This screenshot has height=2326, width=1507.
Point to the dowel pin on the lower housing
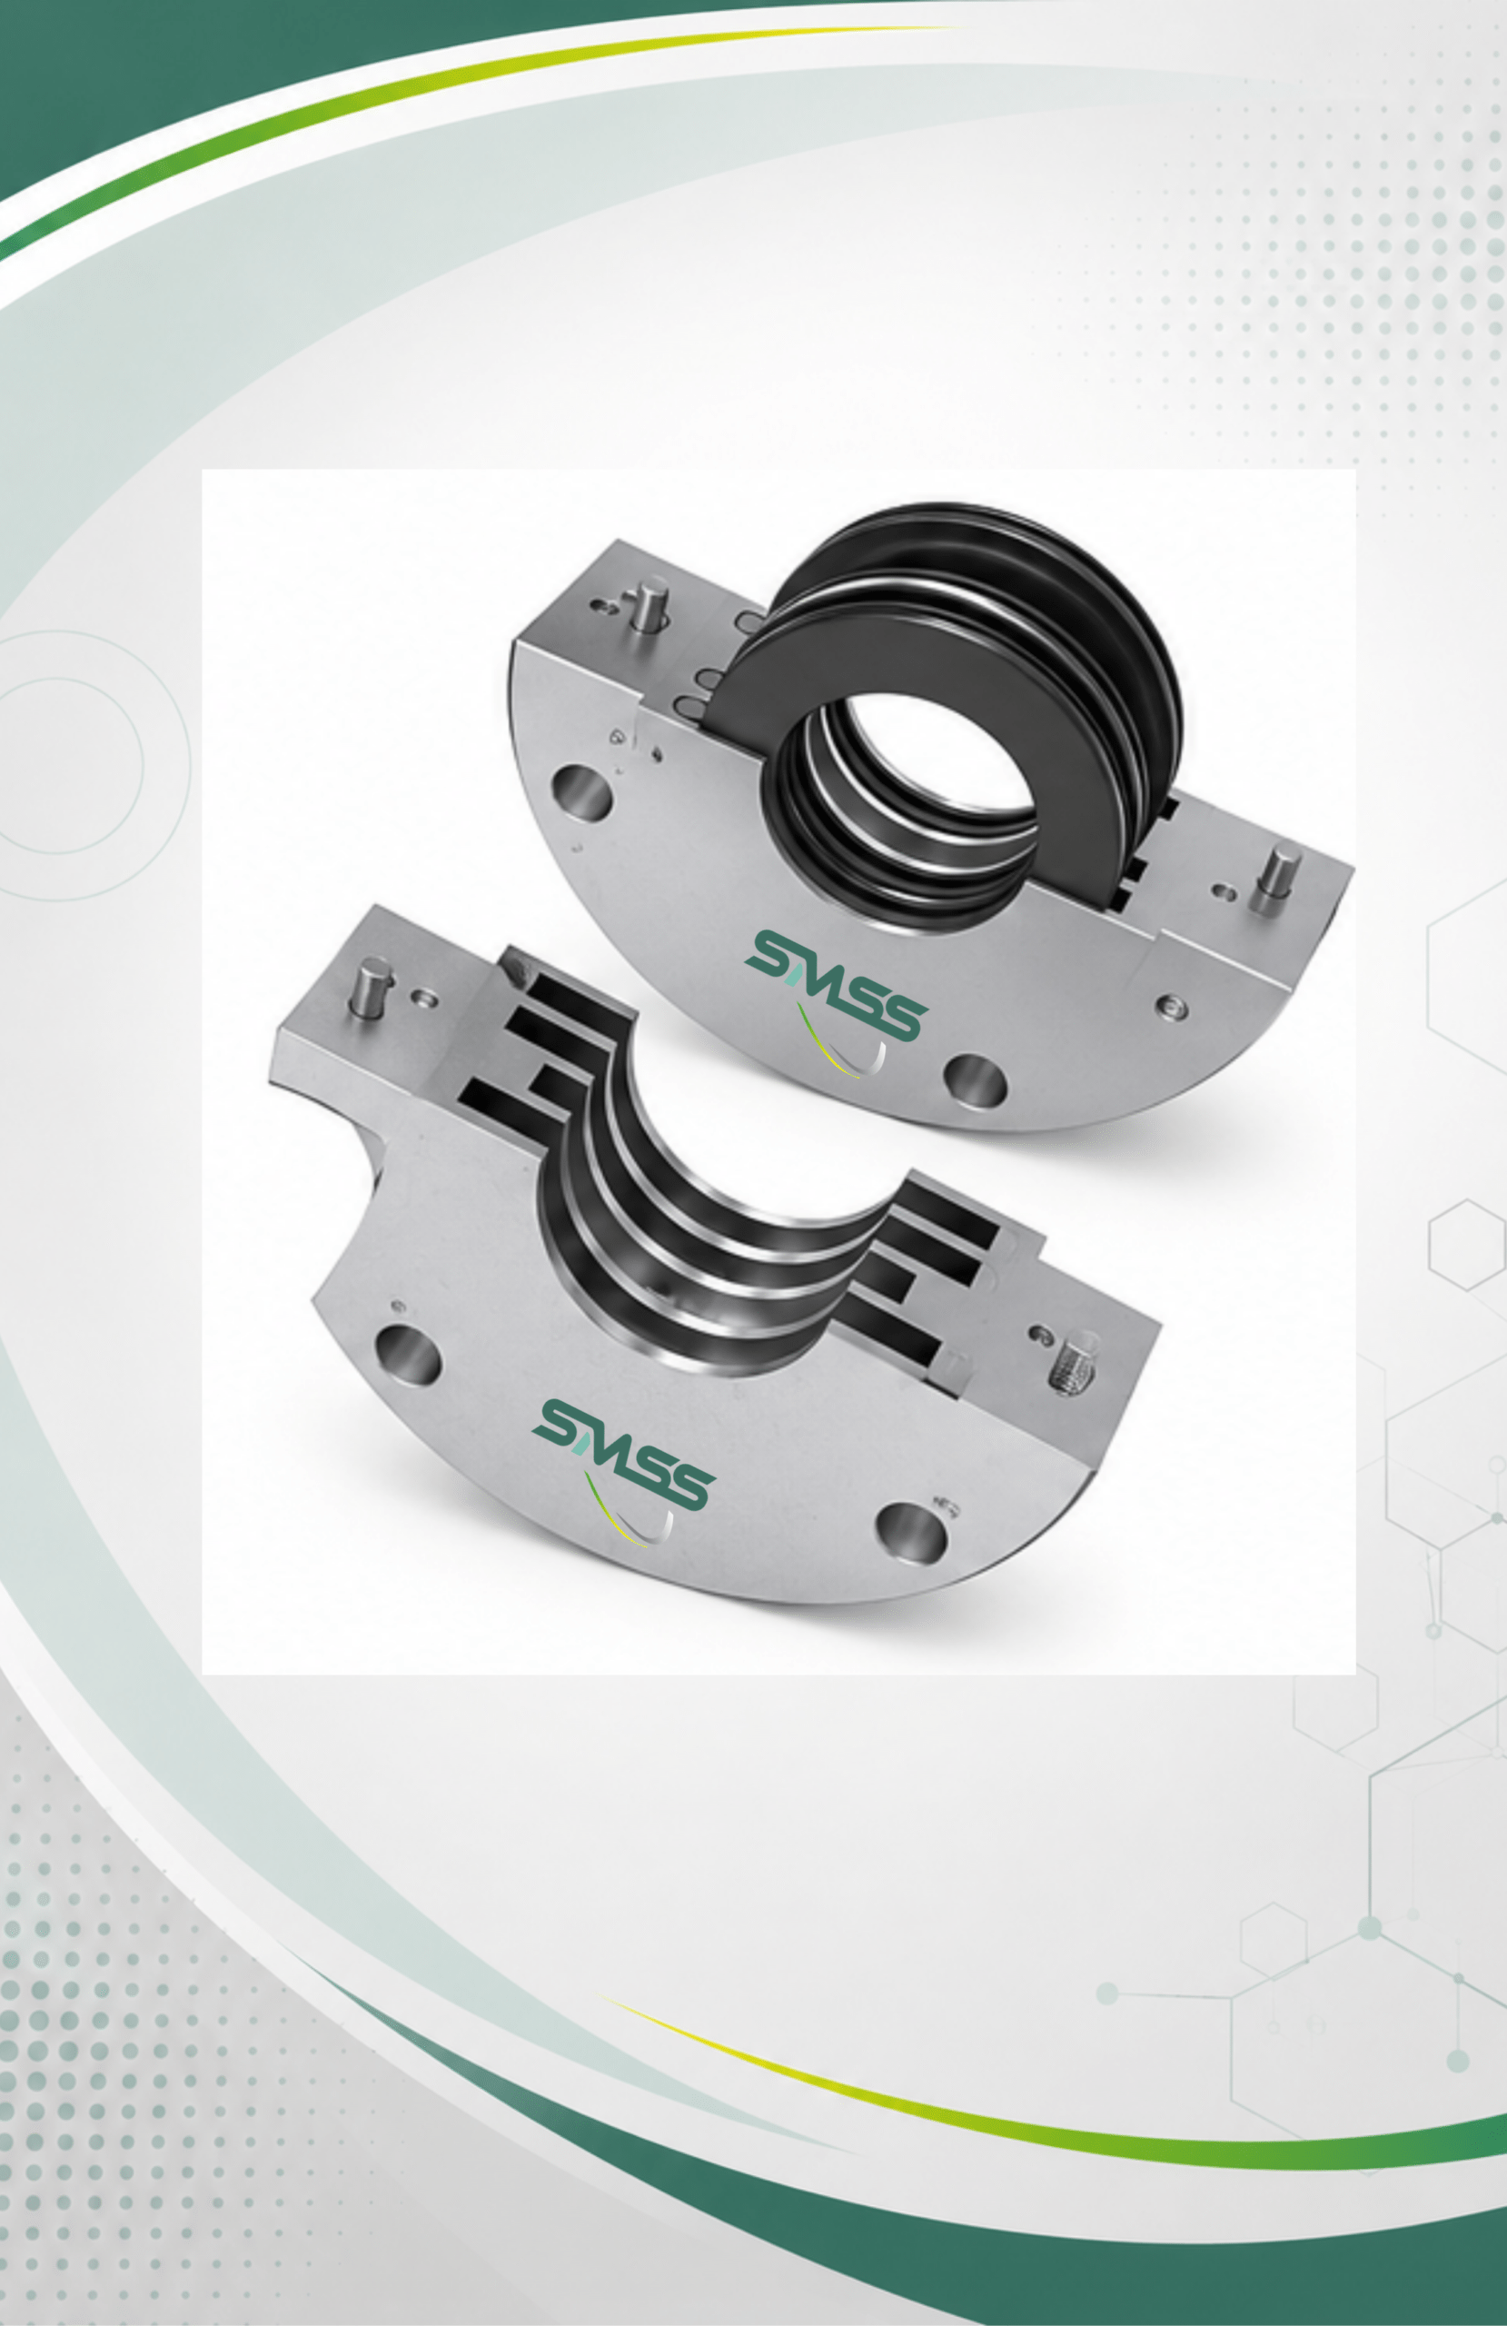click(371, 988)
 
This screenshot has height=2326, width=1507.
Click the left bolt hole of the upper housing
click(582, 791)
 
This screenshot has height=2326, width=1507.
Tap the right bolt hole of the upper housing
click(976, 1080)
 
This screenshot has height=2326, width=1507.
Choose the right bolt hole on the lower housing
click(911, 1532)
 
